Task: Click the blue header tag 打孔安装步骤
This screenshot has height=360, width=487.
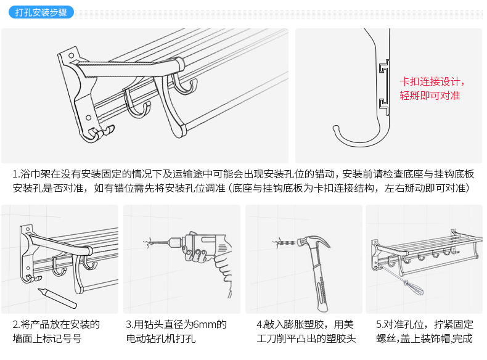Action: coord(41,12)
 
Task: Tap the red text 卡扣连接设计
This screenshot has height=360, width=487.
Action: coord(432,82)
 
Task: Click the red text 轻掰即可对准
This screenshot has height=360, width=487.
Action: coord(430,96)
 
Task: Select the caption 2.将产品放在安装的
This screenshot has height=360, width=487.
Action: coord(56,325)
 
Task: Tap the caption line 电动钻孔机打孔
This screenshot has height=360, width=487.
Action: coord(160,338)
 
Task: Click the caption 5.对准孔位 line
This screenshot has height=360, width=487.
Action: coord(425,325)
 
